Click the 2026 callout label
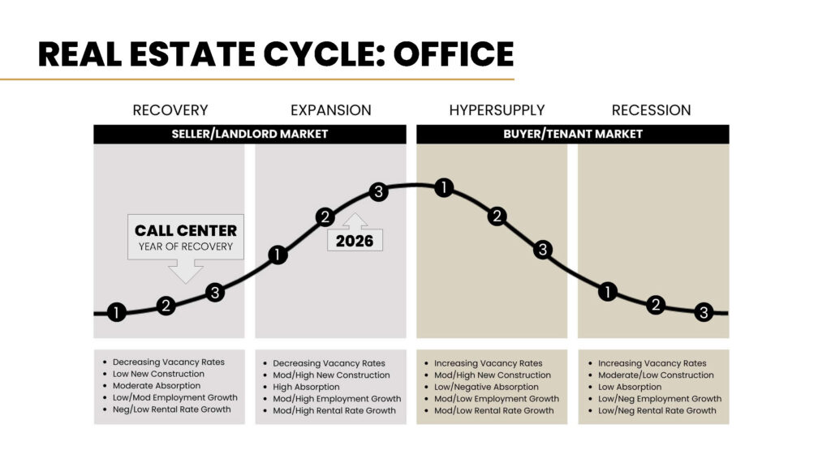point(355,241)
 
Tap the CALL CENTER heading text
point(185,230)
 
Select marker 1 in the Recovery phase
point(117,312)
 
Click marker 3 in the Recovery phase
point(214,293)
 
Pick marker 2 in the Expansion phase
point(325,216)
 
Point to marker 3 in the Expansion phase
point(377,192)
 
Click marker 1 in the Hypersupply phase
point(443,188)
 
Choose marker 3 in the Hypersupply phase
point(543,250)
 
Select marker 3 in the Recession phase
point(704,312)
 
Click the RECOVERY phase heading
point(170,110)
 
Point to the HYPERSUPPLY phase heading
point(497,110)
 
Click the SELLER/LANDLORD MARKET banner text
point(250,134)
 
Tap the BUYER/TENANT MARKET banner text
point(573,134)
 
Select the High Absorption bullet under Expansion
point(306,387)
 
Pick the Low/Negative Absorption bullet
point(486,387)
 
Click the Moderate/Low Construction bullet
point(656,375)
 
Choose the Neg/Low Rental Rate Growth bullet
point(171,409)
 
